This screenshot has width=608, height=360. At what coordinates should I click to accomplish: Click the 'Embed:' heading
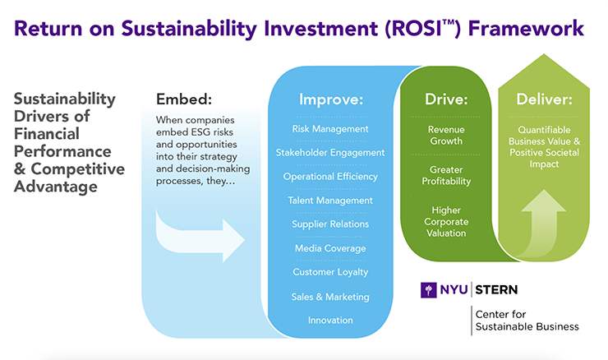pos(183,99)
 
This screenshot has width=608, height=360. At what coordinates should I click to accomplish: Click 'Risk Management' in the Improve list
pos(330,129)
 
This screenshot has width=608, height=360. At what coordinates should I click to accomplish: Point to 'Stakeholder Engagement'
pos(330,152)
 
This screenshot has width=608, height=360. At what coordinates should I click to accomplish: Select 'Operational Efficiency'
pos(330,176)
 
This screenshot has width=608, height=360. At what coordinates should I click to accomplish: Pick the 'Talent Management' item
pos(330,200)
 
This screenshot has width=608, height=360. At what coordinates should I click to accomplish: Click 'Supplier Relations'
pos(330,224)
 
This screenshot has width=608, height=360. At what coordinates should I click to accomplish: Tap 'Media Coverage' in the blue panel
pos(330,248)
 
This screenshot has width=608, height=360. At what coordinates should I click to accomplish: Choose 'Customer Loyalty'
pos(330,272)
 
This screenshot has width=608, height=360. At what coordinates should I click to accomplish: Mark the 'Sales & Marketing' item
pos(330,296)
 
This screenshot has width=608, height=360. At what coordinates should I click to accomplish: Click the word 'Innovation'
pos(330,320)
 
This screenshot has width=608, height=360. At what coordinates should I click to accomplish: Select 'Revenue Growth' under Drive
pos(446,135)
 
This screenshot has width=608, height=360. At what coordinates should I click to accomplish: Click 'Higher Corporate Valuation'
pos(446,221)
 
